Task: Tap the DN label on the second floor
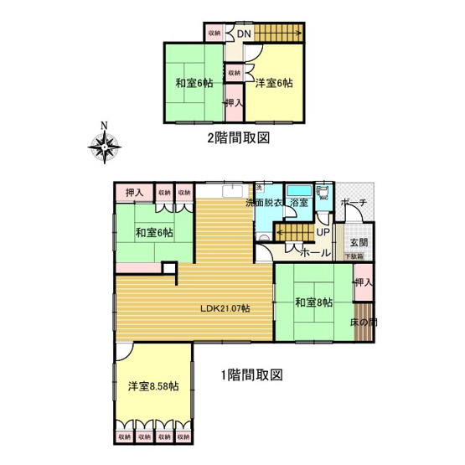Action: coord(243,34)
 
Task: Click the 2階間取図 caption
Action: coord(238,140)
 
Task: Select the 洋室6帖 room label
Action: coord(274,83)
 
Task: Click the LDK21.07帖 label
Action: coord(225,307)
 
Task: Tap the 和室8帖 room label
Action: coord(314,302)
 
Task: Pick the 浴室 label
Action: coord(299,204)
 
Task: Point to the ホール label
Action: coord(315,251)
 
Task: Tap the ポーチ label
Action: coord(354,204)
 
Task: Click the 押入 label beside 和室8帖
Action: coord(363,282)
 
